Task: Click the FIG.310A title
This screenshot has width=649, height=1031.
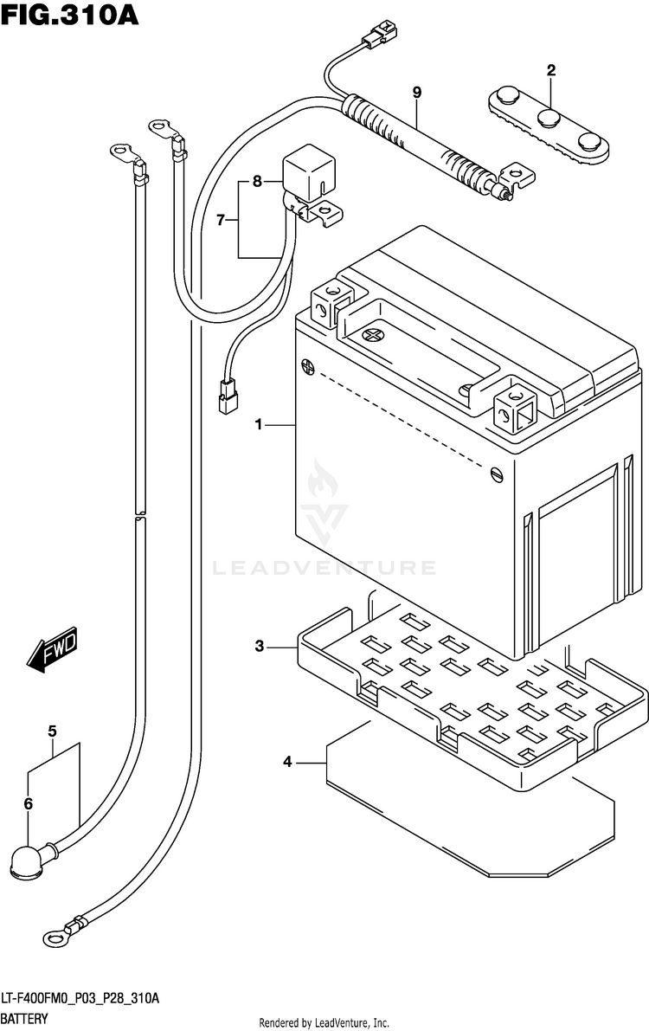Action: (70, 15)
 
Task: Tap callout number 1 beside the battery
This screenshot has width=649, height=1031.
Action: (259, 425)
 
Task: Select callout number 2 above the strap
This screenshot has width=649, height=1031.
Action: (551, 70)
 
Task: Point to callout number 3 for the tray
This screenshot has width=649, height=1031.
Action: (260, 647)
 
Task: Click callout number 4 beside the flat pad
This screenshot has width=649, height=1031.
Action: (287, 762)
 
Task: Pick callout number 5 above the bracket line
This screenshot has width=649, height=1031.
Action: (52, 731)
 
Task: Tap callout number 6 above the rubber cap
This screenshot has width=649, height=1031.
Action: (29, 802)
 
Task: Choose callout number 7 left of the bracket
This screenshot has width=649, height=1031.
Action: (221, 220)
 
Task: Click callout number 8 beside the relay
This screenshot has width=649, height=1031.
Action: (257, 181)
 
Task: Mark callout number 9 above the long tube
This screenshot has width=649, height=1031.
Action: (417, 93)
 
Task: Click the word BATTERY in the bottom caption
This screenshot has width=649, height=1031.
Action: (24, 1019)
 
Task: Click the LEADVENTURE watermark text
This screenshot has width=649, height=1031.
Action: (324, 568)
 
